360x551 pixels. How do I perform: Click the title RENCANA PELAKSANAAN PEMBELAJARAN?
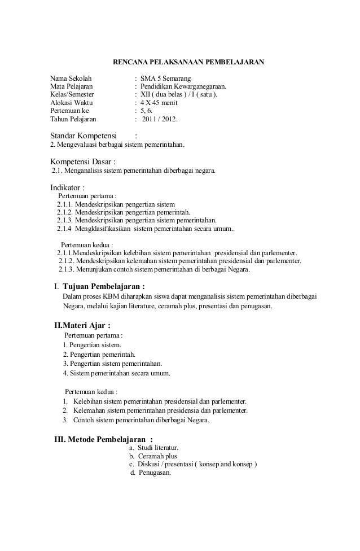coord(185,61)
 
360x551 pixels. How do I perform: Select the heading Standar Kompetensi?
coord(84,136)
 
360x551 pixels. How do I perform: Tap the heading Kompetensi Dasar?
coord(82,161)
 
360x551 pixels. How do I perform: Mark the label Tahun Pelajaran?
coord(73,120)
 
